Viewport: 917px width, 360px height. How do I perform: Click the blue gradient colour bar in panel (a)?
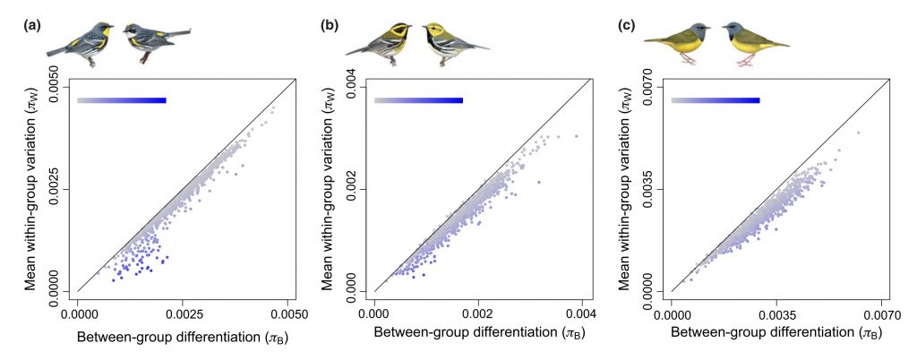[122, 100]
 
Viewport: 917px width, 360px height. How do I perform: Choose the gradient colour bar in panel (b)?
[418, 100]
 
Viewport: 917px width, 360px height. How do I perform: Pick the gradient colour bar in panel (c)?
[716, 100]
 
